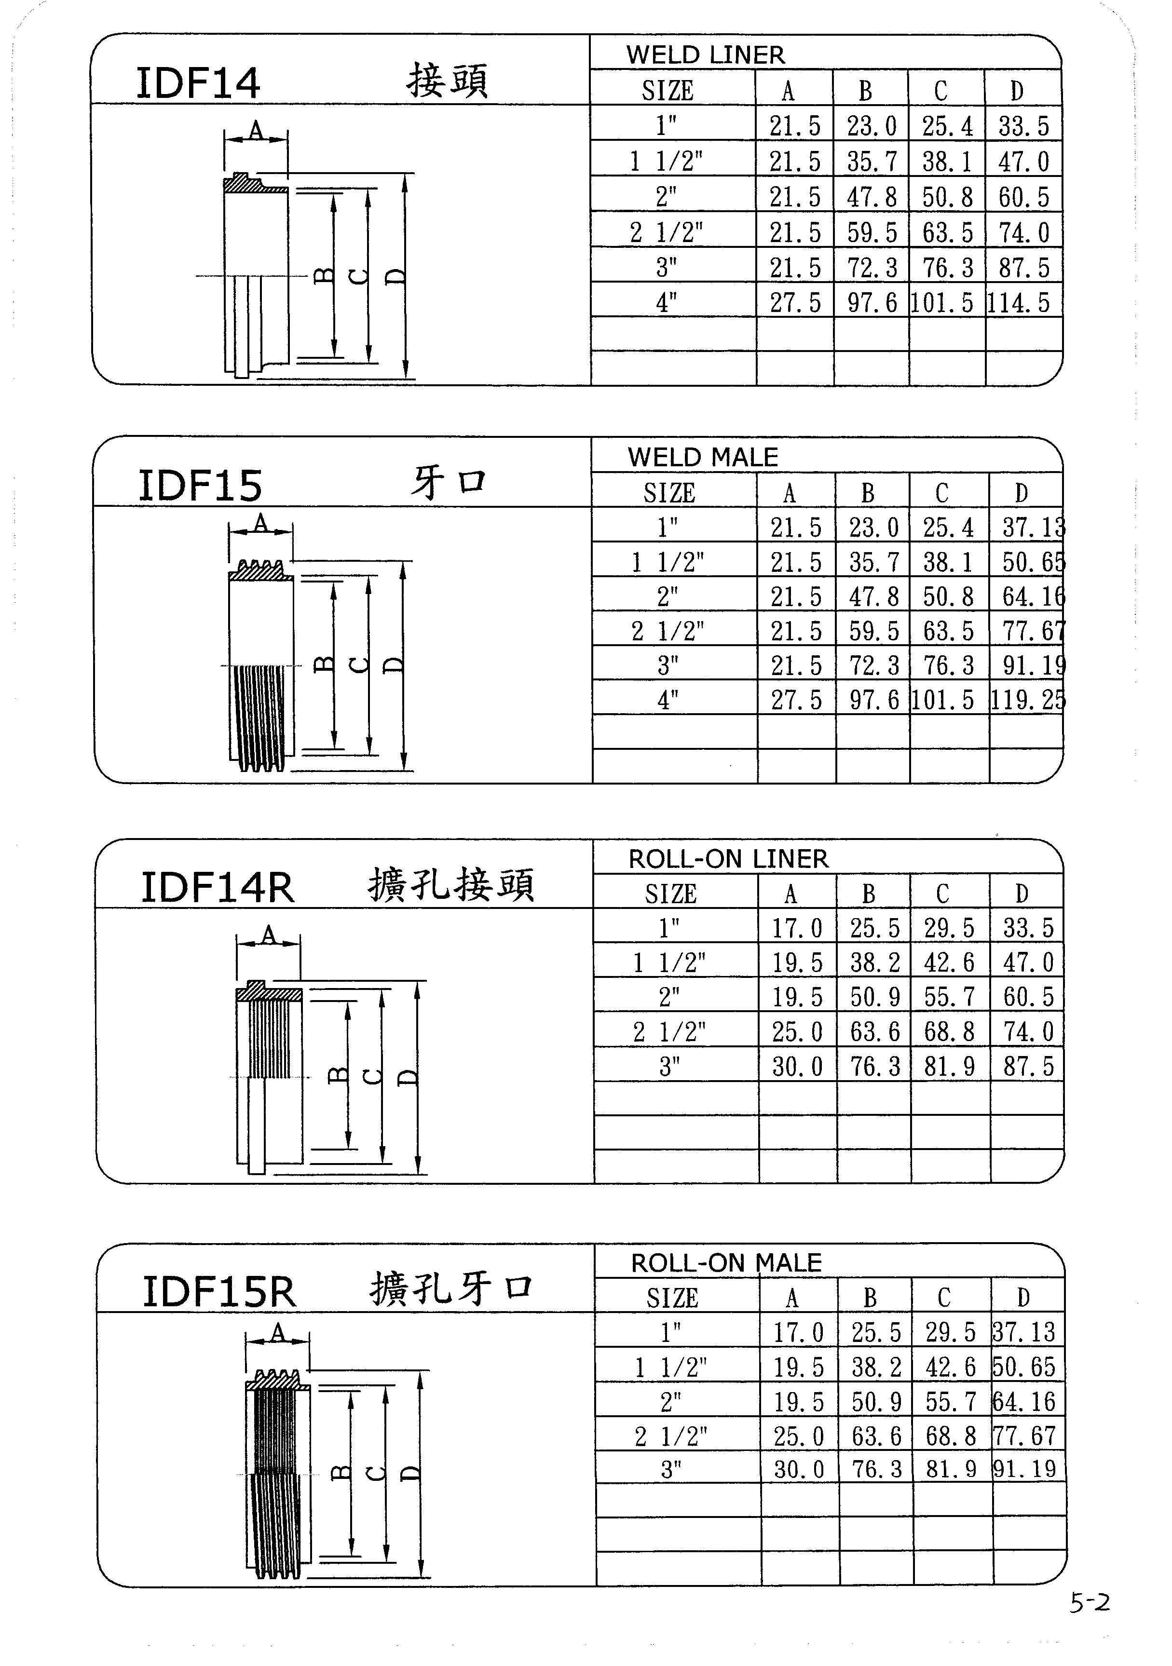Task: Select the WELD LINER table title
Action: tap(706, 54)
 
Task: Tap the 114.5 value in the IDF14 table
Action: tap(1019, 302)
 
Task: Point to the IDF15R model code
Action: tap(219, 1292)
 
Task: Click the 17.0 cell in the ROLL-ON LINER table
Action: tap(797, 928)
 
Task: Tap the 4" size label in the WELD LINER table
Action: tap(666, 302)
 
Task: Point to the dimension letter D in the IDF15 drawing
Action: tap(394, 664)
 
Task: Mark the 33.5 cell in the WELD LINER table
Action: tap(1023, 126)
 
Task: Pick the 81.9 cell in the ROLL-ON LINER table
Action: tap(949, 1067)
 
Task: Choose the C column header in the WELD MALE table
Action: tap(942, 493)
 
